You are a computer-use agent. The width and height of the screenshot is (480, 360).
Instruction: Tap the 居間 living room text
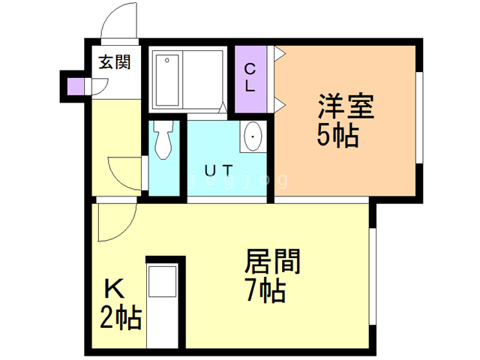[273, 262]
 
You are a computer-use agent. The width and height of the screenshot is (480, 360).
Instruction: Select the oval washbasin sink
[253, 137]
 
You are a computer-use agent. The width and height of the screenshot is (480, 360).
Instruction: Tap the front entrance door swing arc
[118, 22]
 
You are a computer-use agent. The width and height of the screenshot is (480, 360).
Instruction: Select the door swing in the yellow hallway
[124, 173]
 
